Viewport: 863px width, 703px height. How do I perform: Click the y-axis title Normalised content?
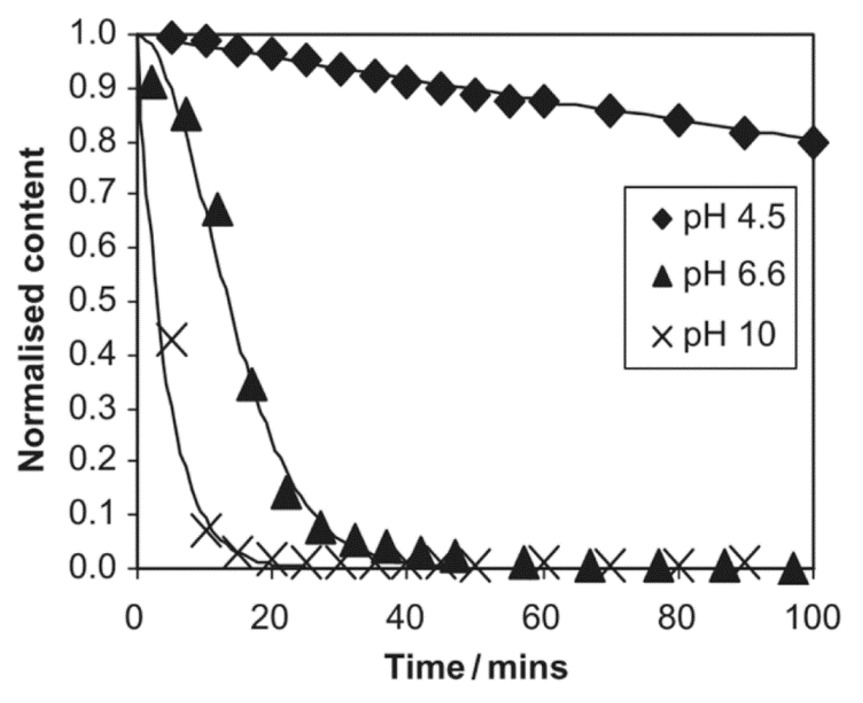[x=32, y=310]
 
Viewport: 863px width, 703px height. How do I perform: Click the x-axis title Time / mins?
[x=476, y=666]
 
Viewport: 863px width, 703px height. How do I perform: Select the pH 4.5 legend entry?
[x=718, y=219]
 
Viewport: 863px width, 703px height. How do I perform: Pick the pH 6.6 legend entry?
[x=718, y=276]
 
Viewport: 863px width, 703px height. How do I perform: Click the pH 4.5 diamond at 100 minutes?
[x=812, y=143]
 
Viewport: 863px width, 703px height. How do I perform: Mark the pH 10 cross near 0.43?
[x=172, y=339]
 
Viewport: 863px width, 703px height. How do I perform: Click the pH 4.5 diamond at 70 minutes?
[x=609, y=112]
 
